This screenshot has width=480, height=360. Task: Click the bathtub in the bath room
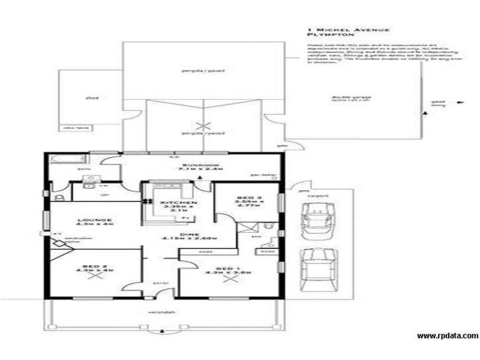(x=62, y=160)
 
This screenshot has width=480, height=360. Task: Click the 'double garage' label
(x=343, y=98)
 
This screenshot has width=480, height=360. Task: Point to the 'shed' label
(x=91, y=97)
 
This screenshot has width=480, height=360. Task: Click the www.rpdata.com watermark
(x=448, y=336)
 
